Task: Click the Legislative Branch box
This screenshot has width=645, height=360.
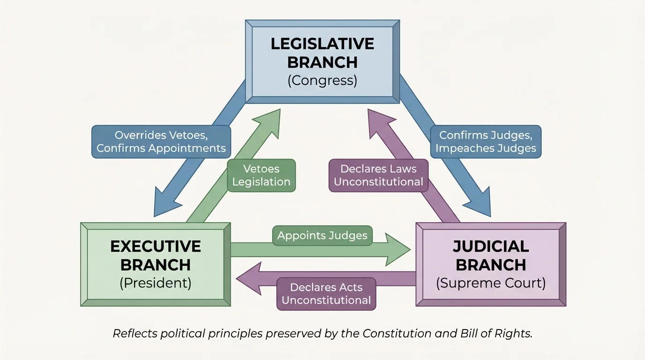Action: tap(322, 61)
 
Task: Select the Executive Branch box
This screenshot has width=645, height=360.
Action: tap(156, 264)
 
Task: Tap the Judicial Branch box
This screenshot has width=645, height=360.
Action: tap(491, 264)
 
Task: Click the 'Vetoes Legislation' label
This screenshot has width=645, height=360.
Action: tap(261, 176)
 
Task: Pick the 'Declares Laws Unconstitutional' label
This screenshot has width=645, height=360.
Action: tap(378, 176)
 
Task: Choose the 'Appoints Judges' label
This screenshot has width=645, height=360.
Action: tap(322, 235)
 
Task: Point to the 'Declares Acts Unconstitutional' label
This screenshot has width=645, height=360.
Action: tap(326, 294)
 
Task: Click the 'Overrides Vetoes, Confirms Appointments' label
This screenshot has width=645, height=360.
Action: tap(161, 142)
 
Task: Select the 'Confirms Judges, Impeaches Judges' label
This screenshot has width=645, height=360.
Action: tap(486, 142)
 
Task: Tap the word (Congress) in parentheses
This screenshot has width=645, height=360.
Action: tap(322, 81)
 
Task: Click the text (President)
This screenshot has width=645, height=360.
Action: tap(156, 284)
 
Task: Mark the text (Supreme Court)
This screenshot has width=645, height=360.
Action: tap(491, 284)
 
